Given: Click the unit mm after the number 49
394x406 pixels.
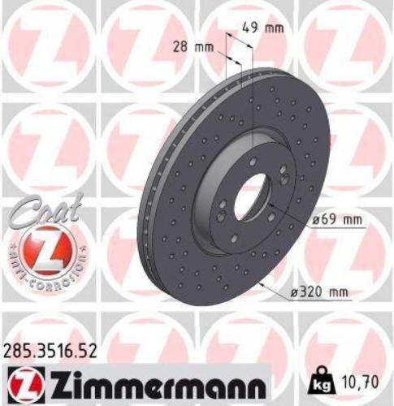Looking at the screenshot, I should (x=275, y=28).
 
